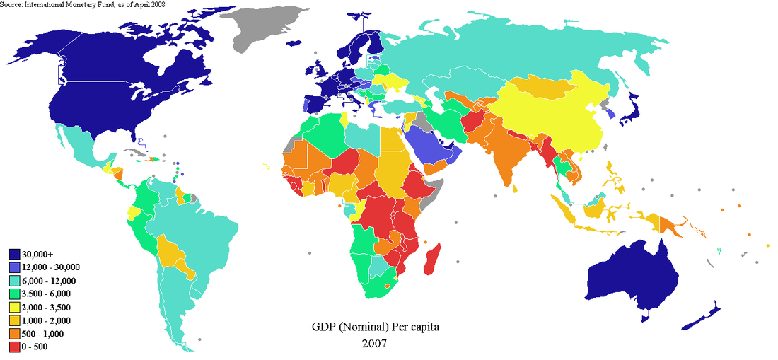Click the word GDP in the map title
[x=325, y=328]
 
